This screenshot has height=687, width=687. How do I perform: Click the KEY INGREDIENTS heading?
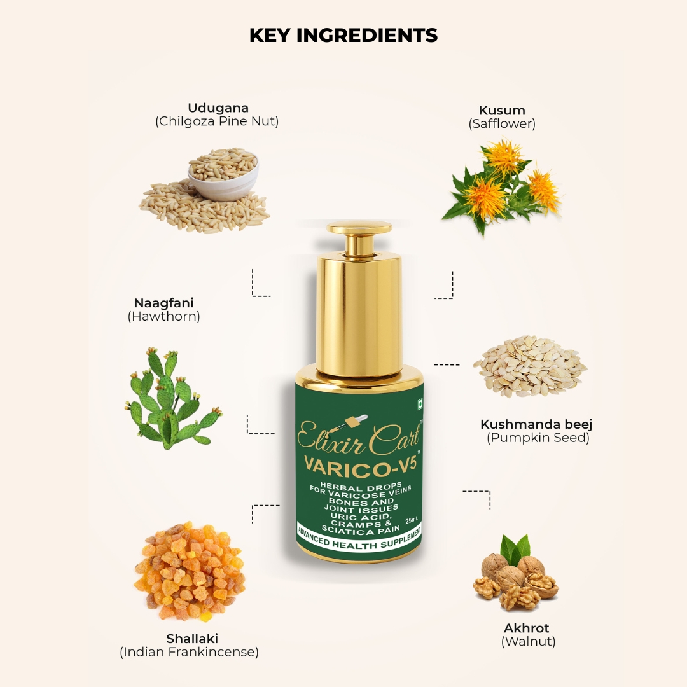(x=343, y=36)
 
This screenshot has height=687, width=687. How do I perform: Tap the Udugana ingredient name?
(x=218, y=108)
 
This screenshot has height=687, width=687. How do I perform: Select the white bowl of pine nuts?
(x=223, y=174)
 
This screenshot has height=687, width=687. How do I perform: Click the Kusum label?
(x=502, y=110)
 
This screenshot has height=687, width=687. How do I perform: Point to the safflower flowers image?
(x=502, y=186)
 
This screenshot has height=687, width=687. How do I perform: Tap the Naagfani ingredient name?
(x=164, y=303)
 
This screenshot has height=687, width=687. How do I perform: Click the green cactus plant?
(x=174, y=399)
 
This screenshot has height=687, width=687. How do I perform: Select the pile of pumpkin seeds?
(x=530, y=366)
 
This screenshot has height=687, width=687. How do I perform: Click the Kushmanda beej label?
(x=536, y=424)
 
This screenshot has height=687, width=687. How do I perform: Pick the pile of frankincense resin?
(x=190, y=570)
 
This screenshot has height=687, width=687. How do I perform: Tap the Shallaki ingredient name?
(x=192, y=639)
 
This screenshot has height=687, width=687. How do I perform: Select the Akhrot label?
(x=526, y=628)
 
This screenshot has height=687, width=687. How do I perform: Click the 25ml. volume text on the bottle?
(x=412, y=520)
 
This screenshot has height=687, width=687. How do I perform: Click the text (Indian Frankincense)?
(x=190, y=652)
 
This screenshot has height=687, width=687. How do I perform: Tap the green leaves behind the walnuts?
(x=516, y=547)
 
